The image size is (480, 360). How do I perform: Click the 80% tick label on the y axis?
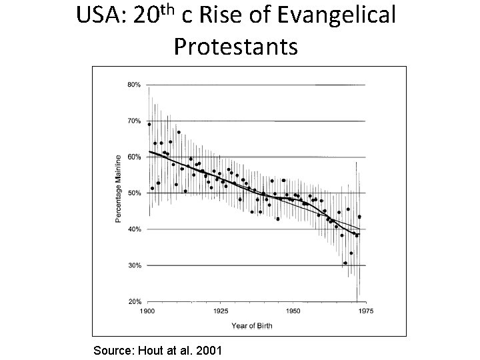click(x=133, y=85)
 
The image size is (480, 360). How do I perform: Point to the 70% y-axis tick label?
click(x=133, y=121)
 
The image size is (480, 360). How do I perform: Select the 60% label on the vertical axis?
click(x=133, y=157)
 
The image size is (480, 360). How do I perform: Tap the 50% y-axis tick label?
click(x=133, y=193)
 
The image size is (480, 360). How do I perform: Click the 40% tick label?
click(x=133, y=229)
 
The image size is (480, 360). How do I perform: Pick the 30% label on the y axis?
click(x=133, y=265)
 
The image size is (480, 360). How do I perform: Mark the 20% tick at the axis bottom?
click(x=133, y=301)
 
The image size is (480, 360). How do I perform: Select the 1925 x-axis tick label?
click(x=221, y=311)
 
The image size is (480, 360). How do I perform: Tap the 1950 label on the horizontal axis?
click(x=293, y=311)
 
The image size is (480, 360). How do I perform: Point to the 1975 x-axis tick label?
click(x=365, y=311)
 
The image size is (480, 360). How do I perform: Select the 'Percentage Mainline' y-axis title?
click(x=119, y=189)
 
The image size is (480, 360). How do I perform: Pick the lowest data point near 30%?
click(x=345, y=263)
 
